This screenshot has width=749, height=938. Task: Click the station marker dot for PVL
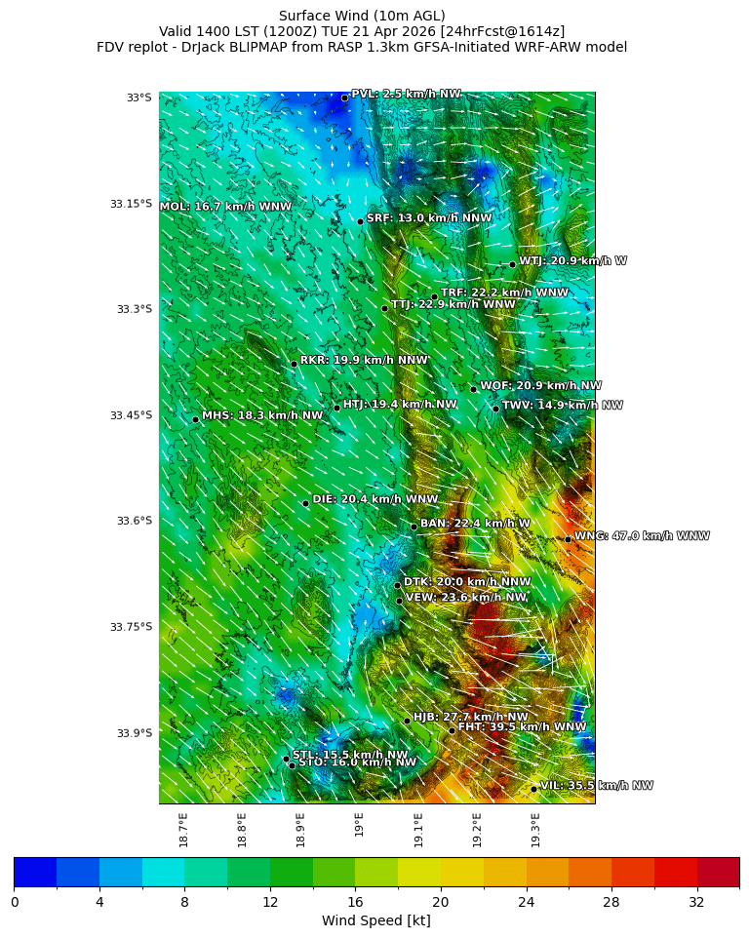pos(344,98)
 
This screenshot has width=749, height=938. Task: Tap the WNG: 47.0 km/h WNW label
pos(642,536)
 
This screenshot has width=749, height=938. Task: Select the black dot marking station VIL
pos(534,789)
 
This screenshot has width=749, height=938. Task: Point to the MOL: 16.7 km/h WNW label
pos(225,207)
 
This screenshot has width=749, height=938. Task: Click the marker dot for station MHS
pos(195,419)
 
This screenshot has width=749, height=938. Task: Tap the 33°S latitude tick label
pos(138,98)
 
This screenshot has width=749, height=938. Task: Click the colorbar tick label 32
pos(696,903)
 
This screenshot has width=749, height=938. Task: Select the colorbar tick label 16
pos(355,903)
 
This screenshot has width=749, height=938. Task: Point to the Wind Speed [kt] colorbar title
pos(375,920)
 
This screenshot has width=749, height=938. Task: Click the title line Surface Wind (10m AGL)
pos(362,16)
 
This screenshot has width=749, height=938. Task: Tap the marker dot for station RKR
pos(294,364)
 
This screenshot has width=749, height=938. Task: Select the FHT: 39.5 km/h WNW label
pos(522,727)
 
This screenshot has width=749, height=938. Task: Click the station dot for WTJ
pos(512,264)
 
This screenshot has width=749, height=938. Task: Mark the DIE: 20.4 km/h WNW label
pos(374,499)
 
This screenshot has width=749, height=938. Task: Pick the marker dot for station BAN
pos(414,527)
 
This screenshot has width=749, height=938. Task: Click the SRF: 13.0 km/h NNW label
pos(429,218)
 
